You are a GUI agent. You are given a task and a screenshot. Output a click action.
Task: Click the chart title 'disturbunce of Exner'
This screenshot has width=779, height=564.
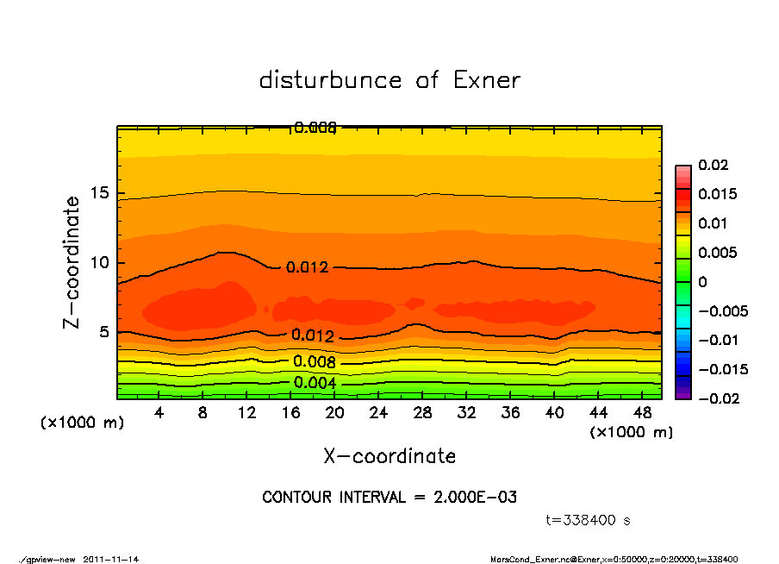(x=389, y=80)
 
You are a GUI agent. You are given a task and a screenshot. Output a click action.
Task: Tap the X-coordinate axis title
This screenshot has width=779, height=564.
(x=389, y=456)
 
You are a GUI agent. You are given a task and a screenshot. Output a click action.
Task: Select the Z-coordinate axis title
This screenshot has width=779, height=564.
(x=72, y=262)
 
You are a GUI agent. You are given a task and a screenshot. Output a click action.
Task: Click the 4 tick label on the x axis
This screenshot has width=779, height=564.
(x=159, y=413)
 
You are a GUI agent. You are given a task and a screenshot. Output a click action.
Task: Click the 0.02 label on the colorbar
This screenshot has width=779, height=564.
(x=714, y=165)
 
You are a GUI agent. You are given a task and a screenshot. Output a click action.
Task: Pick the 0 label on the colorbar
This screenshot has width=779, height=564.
(x=702, y=282)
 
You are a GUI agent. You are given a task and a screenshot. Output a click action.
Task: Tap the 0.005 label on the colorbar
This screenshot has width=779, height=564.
(x=717, y=253)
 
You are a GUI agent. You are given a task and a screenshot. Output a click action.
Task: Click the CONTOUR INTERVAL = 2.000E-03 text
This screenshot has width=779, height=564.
(x=389, y=498)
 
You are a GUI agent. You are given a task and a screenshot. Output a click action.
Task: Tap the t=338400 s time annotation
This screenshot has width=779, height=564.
(x=589, y=521)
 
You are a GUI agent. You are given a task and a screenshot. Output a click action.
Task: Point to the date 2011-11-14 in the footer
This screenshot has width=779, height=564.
(x=111, y=559)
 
